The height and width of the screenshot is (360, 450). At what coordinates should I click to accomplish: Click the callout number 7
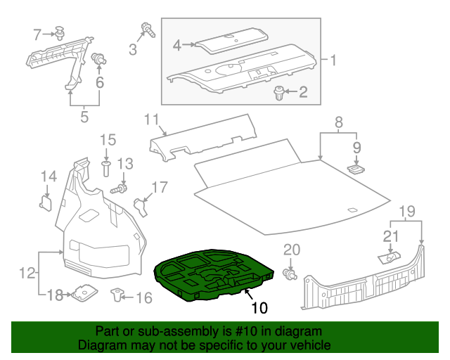coord(37,32)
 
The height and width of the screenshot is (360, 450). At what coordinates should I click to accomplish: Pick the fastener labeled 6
coord(100,60)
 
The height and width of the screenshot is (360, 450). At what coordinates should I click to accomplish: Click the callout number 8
coord(338,122)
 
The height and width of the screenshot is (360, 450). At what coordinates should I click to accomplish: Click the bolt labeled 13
coord(120,189)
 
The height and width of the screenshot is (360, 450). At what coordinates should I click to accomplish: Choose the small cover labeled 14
coord(46,203)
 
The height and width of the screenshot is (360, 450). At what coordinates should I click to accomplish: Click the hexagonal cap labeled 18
coord(84,294)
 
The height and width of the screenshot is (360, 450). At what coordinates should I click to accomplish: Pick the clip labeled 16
coord(116,295)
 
